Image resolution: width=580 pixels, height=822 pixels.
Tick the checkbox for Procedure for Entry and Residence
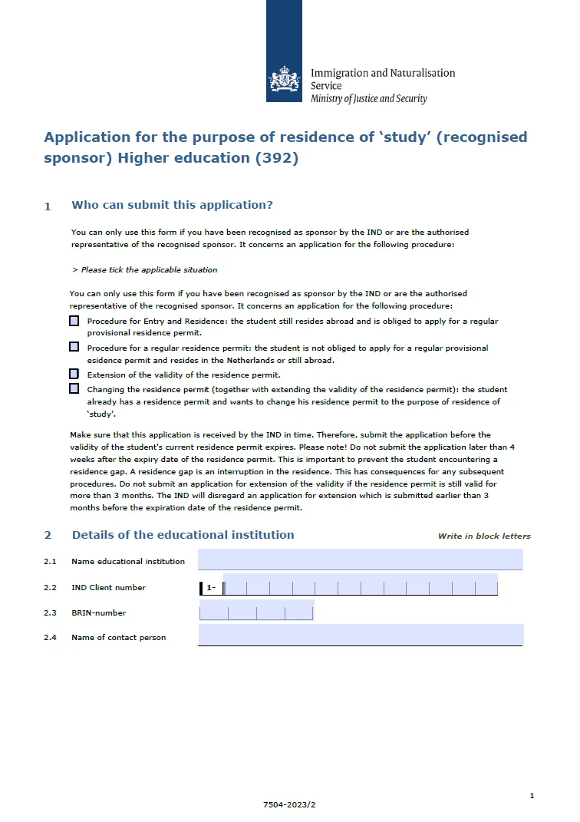[x=74, y=321]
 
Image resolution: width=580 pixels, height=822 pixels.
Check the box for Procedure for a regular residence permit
[x=74, y=347]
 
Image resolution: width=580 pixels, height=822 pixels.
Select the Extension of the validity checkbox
[x=74, y=374]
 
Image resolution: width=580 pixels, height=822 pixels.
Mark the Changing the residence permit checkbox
[x=74, y=388]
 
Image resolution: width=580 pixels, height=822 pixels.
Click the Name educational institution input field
[x=360, y=560]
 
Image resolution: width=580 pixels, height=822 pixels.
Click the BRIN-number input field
[x=256, y=612]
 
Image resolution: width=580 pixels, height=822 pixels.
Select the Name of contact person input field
[x=360, y=635]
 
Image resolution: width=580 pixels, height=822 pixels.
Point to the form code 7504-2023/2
[x=289, y=804]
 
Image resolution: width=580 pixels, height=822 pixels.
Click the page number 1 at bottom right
[x=532, y=796]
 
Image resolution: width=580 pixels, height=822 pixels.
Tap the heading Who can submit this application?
[x=172, y=205]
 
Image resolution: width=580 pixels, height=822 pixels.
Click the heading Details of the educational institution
[x=183, y=535]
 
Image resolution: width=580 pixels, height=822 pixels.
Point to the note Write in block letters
[x=484, y=536]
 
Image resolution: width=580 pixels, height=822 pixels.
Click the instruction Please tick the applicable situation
[x=144, y=269]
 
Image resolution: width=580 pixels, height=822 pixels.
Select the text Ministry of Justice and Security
[x=368, y=99]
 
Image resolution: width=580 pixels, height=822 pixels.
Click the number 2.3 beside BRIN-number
[x=50, y=612]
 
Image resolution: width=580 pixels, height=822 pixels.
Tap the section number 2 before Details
[x=48, y=535]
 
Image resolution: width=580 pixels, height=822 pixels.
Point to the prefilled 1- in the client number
[x=211, y=588]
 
